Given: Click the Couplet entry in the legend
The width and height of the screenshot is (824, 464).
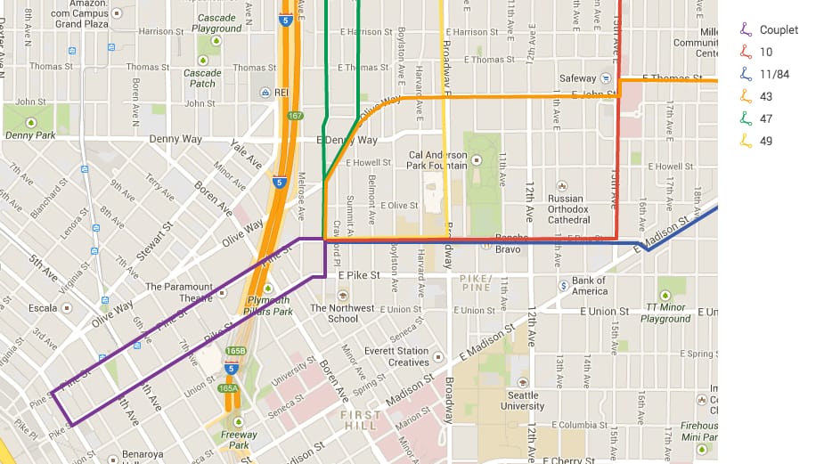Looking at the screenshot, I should coord(778,29).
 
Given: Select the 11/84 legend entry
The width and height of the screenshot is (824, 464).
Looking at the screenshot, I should coord(774,74).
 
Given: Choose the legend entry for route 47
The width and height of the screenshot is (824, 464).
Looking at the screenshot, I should coord(766,118).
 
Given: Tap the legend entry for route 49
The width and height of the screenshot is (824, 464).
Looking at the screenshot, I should coord(766,141).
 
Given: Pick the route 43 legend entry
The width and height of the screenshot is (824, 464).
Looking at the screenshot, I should coord(766,96).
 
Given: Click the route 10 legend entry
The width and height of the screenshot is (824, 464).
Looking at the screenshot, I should coord(766,52).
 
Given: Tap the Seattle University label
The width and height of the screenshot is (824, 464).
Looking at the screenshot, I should coord(522,401).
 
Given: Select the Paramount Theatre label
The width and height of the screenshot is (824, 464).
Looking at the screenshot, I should coord(179,292).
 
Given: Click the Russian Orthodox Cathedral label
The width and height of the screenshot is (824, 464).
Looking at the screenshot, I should coord(567,209).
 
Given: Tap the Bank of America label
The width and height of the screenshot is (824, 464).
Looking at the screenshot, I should coord(590,286).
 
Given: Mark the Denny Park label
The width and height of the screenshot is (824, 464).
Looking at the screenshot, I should coord(30,135).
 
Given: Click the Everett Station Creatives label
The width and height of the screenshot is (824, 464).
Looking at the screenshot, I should coord(396,356).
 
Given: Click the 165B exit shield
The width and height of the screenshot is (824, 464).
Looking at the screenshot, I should coord(235,351).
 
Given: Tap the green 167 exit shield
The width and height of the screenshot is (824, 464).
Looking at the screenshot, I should coord(295,116).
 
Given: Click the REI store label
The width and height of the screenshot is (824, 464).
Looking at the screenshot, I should coord(281,92).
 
